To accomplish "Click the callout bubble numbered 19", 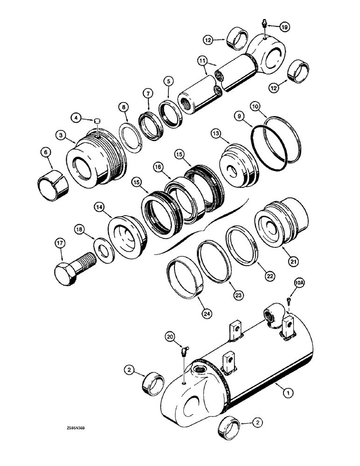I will click(x=284, y=27).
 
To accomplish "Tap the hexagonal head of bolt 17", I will click(x=66, y=270).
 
